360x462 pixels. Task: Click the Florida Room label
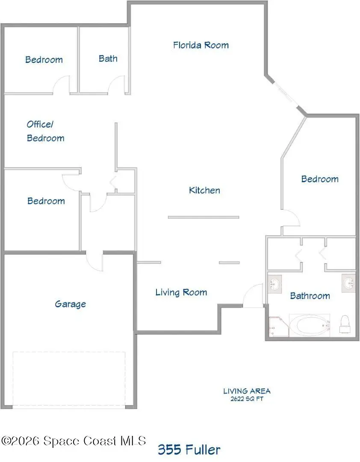(x=201, y=45)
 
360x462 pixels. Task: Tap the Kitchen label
(x=204, y=190)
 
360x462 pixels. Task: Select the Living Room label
(x=181, y=293)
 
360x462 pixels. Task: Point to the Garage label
(x=70, y=304)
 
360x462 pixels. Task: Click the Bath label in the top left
(x=108, y=59)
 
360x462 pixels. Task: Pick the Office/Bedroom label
(x=45, y=131)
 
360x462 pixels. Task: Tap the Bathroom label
(x=310, y=296)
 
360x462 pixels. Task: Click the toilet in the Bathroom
(x=345, y=324)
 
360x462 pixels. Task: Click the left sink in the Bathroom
(x=274, y=284)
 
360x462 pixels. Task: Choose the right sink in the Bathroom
(x=348, y=283)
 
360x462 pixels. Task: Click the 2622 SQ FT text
(x=247, y=399)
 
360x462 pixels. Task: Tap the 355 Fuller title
(x=189, y=450)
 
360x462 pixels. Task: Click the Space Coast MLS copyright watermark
(x=73, y=441)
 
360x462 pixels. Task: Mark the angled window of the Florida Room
(x=285, y=95)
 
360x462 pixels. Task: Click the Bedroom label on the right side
(x=319, y=179)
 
